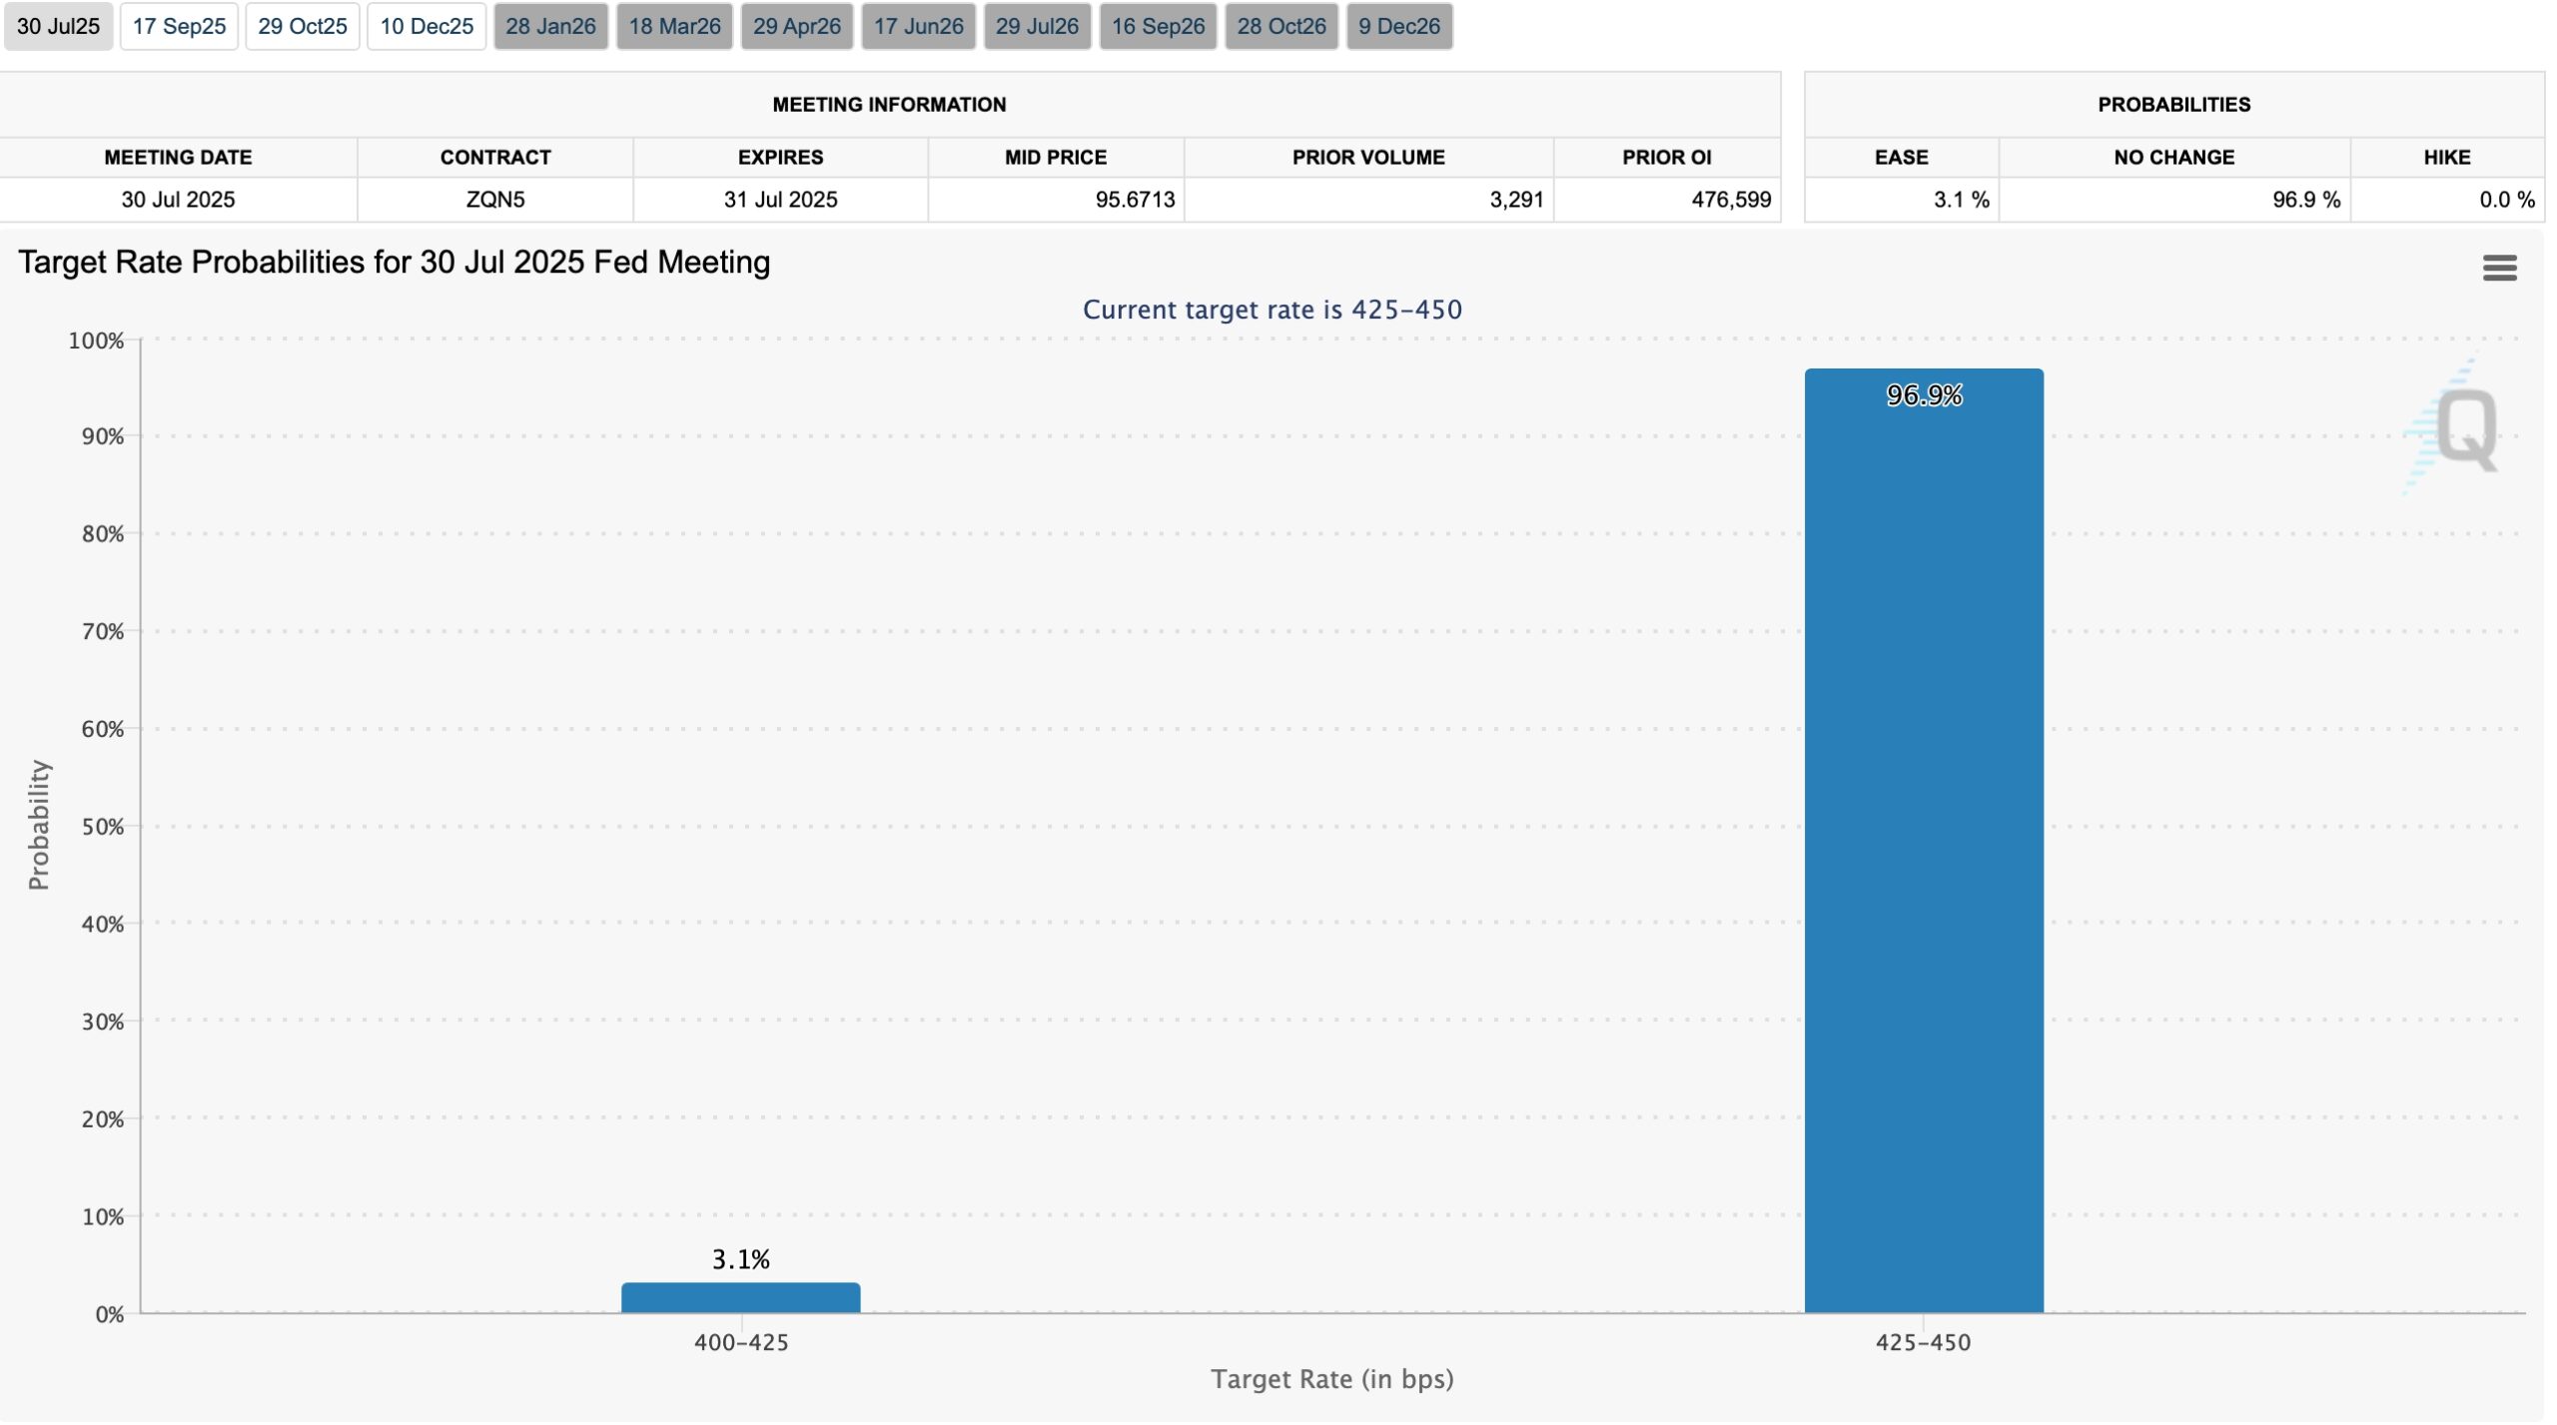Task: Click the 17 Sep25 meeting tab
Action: pyautogui.click(x=179, y=26)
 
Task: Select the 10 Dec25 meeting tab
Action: pyautogui.click(x=426, y=26)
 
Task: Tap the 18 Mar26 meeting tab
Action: pyautogui.click(x=674, y=26)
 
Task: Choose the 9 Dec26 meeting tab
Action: pyautogui.click(x=1398, y=26)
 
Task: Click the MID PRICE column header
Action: pyautogui.click(x=1055, y=157)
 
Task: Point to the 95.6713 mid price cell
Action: pyautogui.click(x=1135, y=200)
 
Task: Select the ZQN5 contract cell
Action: pyautogui.click(x=495, y=200)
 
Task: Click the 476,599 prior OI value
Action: pyautogui.click(x=1730, y=200)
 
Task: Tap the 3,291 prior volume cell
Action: pyautogui.click(x=1515, y=200)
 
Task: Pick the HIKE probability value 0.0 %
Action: pyautogui.click(x=2506, y=200)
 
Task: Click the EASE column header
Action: pyautogui.click(x=1901, y=157)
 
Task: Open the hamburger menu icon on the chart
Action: pyautogui.click(x=2499, y=268)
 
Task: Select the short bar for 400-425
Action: pyautogui.click(x=740, y=1297)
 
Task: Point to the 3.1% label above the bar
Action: pyautogui.click(x=740, y=1259)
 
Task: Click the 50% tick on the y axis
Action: pyautogui.click(x=102, y=827)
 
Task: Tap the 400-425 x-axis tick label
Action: pyautogui.click(x=741, y=1342)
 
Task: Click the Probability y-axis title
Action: pyautogui.click(x=38, y=825)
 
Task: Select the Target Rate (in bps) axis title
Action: pyautogui.click(x=1331, y=1379)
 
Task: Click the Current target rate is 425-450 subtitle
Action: pyautogui.click(x=1272, y=310)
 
